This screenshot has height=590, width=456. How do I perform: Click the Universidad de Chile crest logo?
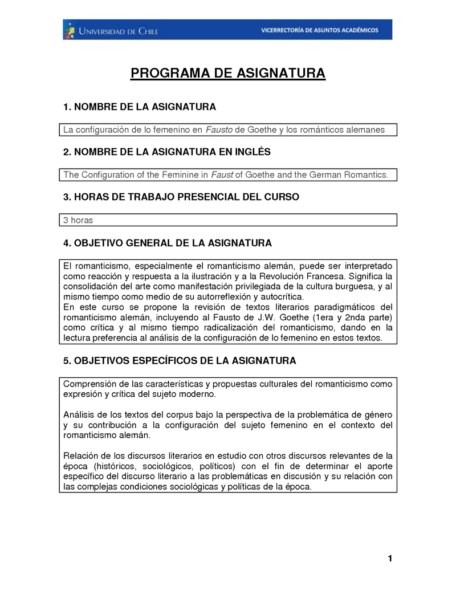point(70,29)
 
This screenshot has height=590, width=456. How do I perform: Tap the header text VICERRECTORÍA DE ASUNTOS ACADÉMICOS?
point(319,30)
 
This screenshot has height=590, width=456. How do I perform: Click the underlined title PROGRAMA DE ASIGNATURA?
point(228,74)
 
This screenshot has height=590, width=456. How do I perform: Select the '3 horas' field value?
point(78,220)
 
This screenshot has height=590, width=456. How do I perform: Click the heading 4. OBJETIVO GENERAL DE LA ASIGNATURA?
point(168,243)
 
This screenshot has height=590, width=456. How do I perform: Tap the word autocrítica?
point(282,297)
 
